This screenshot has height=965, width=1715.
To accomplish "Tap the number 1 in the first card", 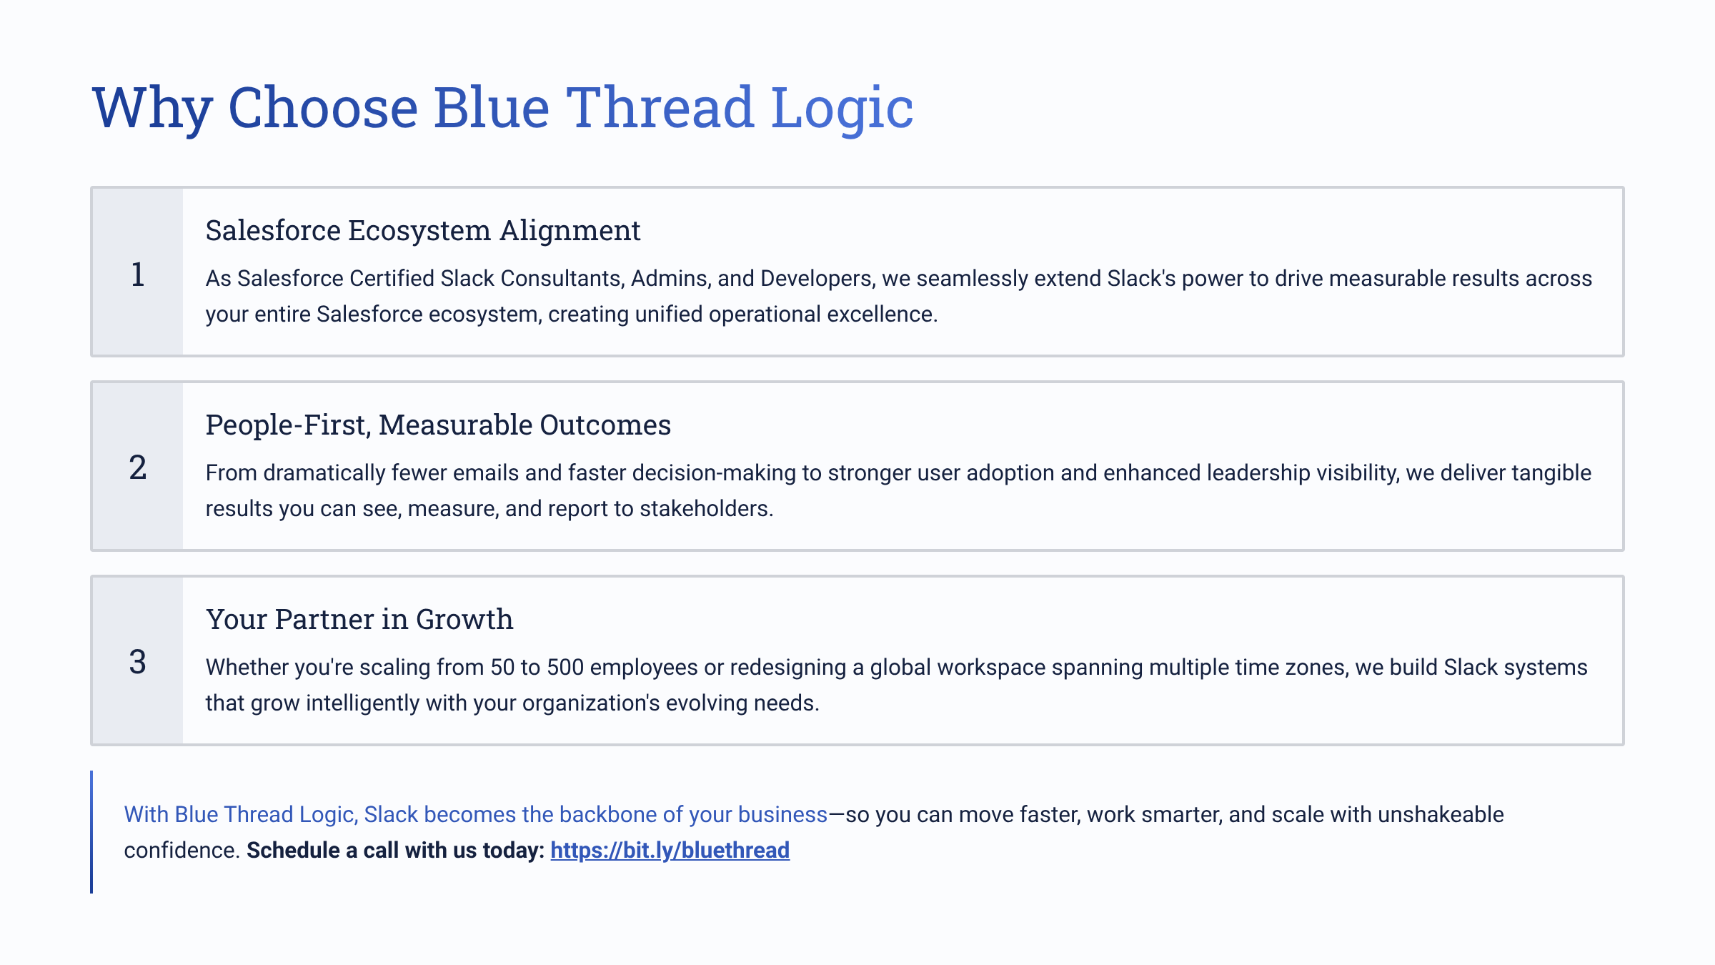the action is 138,274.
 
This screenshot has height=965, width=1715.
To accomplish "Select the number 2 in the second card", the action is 138,467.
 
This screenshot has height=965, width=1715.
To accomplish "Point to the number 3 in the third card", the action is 138,662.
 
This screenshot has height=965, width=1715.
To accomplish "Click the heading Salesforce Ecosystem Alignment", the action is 423,231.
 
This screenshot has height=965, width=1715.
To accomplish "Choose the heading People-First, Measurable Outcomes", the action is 438,425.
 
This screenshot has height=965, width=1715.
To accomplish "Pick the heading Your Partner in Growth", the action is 359,619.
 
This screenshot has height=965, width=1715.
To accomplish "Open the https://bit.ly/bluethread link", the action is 670,850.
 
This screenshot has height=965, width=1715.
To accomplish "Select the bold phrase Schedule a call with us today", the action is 395,850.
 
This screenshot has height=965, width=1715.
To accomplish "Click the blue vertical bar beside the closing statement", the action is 91,832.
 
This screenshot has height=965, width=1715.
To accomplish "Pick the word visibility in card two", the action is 1356,472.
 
